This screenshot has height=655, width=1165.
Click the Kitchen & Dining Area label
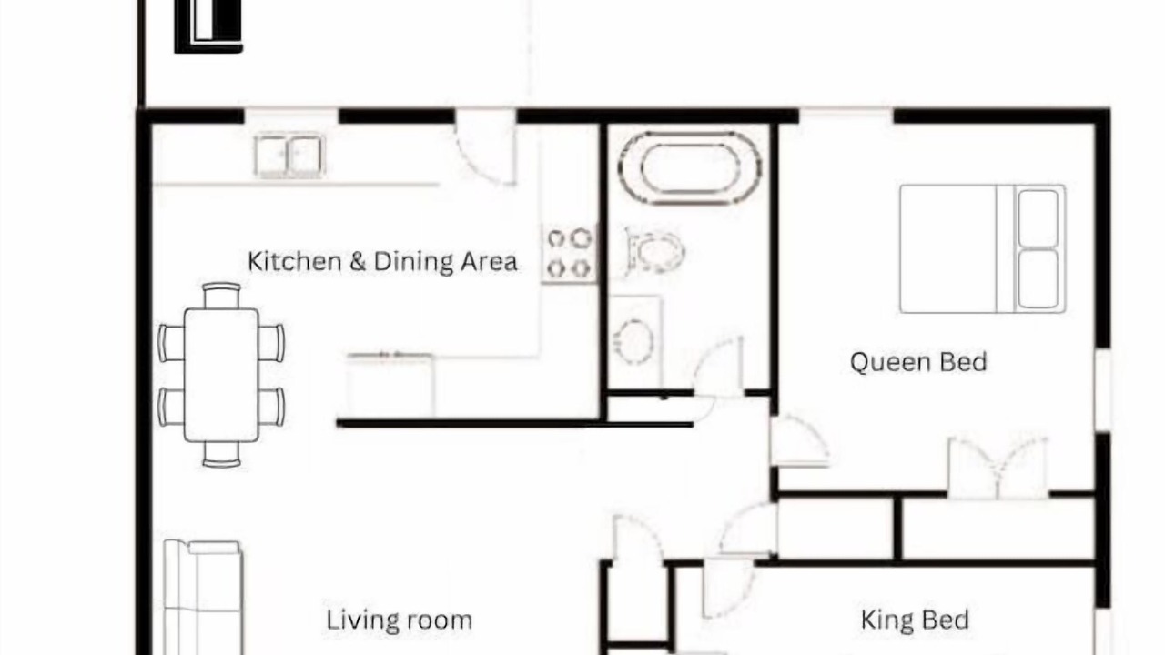tap(382, 261)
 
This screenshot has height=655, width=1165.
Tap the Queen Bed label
tap(918, 362)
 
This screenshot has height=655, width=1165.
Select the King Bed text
tap(915, 620)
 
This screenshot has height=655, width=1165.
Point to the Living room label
tap(400, 620)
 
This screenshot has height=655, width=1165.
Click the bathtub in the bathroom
tap(690, 168)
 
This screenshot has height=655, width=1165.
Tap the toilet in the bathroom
tap(654, 251)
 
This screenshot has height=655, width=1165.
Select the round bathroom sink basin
tap(633, 341)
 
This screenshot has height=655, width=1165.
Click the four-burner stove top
tap(569, 254)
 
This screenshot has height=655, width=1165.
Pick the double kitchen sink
tap(289, 156)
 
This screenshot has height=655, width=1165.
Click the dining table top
tap(221, 375)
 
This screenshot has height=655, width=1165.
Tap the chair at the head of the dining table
tap(221, 296)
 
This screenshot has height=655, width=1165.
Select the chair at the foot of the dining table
tap(221, 454)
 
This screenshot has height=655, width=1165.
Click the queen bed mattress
tap(982, 249)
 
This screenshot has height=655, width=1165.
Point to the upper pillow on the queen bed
tap(1038, 219)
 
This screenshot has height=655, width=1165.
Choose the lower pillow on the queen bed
tap(1038, 279)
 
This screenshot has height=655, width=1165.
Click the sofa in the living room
tap(203, 597)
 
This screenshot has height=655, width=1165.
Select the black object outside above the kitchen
tap(208, 26)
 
